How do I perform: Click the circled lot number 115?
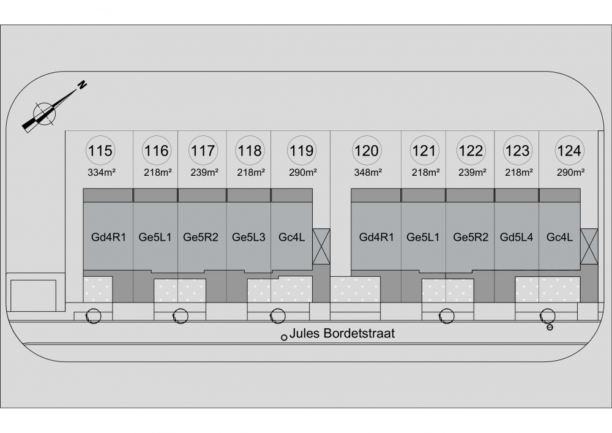click(x=100, y=150)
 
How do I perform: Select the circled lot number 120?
click(x=367, y=150)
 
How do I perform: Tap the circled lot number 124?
click(x=569, y=150)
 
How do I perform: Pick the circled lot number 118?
click(x=250, y=150)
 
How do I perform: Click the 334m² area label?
click(x=102, y=172)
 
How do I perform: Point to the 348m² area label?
click(x=368, y=172)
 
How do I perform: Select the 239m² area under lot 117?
click(x=204, y=172)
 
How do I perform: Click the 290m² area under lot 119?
click(x=302, y=172)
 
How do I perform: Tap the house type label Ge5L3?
click(x=248, y=237)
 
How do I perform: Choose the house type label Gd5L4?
click(x=516, y=237)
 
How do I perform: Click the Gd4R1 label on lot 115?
click(x=108, y=237)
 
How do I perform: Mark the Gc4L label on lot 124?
click(x=559, y=237)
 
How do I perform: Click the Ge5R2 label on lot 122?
click(x=470, y=237)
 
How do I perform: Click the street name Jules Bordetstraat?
click(x=342, y=333)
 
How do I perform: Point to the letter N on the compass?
click(x=82, y=85)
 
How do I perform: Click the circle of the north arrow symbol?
click(x=44, y=114)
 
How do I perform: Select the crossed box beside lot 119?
click(x=321, y=246)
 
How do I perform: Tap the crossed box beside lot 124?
click(x=589, y=246)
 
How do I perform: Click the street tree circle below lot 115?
click(x=93, y=316)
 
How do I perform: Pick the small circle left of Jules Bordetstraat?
click(x=284, y=337)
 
